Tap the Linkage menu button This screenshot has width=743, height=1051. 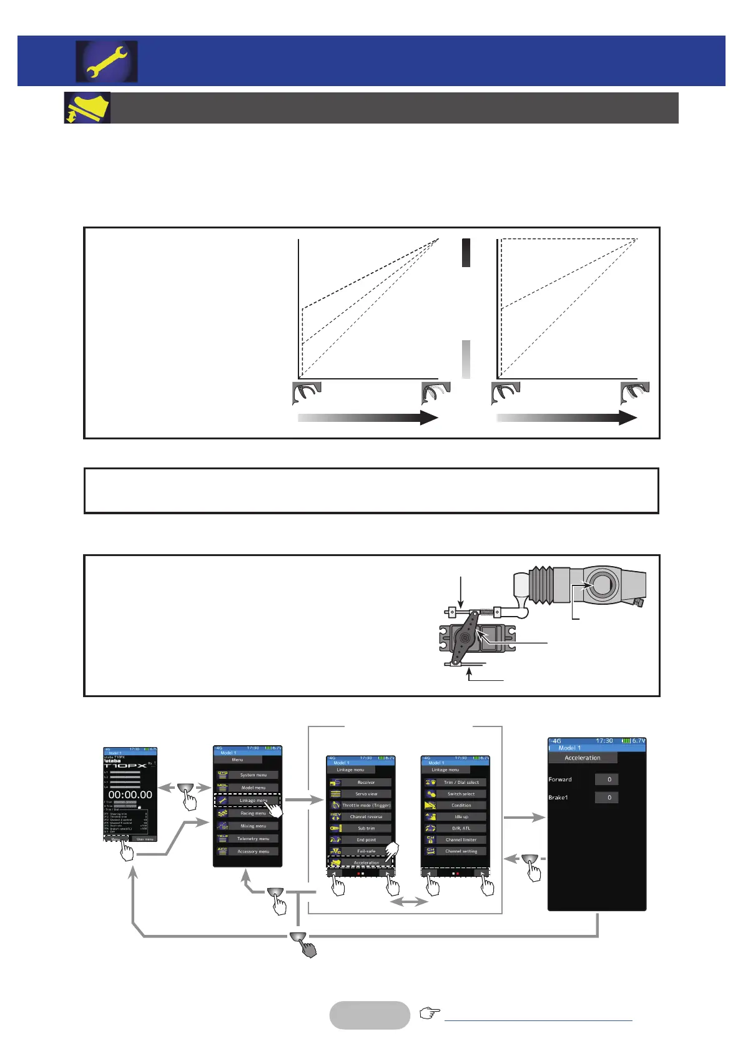pyautogui.click(x=253, y=800)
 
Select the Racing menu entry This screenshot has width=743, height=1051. pyautogui.click(x=253, y=813)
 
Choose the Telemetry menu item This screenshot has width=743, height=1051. pyautogui.click(x=253, y=839)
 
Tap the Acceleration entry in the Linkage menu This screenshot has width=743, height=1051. pyautogui.click(x=366, y=863)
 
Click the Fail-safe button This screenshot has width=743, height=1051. pyautogui.click(x=366, y=851)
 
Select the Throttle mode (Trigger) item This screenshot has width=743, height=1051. pyautogui.click(x=366, y=805)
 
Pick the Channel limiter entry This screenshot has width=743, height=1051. pyautogui.click(x=461, y=839)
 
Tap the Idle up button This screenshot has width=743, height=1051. pyautogui.click(x=461, y=816)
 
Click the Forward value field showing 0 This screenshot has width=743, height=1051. pyautogui.click(x=607, y=779)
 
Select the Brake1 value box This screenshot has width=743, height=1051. pyautogui.click(x=607, y=797)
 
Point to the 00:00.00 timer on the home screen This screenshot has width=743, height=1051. pyautogui.click(x=130, y=794)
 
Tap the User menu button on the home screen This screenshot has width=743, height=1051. pyautogui.click(x=145, y=839)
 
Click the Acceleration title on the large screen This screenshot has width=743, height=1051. pyautogui.click(x=583, y=758)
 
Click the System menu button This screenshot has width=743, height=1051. pyautogui.click(x=253, y=775)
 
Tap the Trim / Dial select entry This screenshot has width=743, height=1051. pyautogui.click(x=461, y=782)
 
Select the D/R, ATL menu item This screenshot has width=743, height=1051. pyautogui.click(x=461, y=828)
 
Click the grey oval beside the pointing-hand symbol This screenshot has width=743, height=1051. pyautogui.click(x=370, y=1015)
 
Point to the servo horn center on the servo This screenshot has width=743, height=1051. pyautogui.click(x=463, y=637)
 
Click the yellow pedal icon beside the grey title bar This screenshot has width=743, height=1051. pyautogui.click(x=88, y=108)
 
